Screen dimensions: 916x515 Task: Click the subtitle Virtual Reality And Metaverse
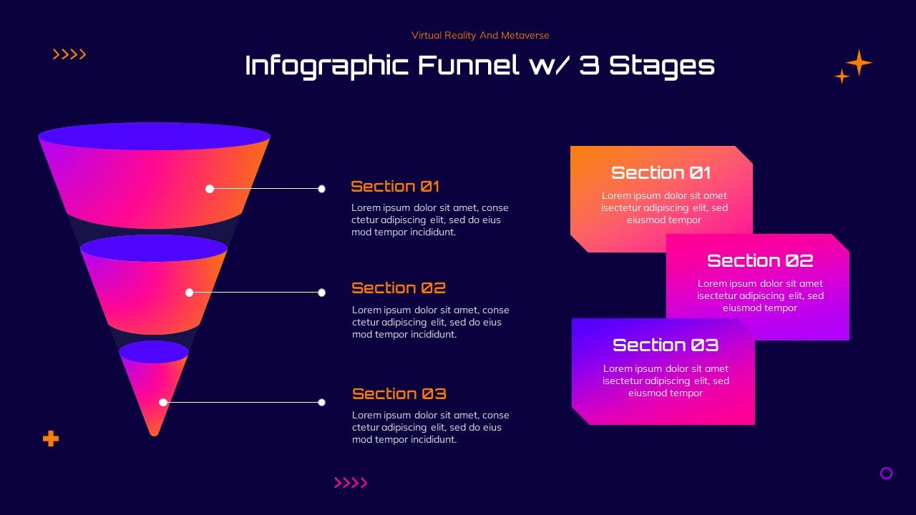(480, 36)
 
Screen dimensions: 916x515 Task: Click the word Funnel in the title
(468, 65)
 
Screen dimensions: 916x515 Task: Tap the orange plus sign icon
(51, 438)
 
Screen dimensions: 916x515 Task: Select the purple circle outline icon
(886, 474)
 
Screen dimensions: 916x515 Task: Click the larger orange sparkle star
(859, 62)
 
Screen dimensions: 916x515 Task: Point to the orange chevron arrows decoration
(69, 54)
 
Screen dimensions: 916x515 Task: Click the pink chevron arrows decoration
(351, 483)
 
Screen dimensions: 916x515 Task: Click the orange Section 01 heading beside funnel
(395, 187)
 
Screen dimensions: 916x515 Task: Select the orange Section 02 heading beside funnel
(399, 288)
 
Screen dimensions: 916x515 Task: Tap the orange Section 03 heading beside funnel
(399, 393)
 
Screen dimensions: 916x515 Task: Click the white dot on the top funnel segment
(210, 189)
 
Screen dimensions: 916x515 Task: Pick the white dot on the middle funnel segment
(190, 293)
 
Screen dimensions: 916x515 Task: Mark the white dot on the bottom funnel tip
(163, 402)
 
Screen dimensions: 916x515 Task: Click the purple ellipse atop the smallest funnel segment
(154, 352)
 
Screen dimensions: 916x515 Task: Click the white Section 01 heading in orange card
(661, 172)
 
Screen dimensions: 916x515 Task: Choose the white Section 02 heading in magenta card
(760, 261)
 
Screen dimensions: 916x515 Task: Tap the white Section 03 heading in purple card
(666, 345)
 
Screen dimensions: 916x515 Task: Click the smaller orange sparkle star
(842, 77)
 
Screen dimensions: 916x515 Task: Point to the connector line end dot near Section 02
(322, 293)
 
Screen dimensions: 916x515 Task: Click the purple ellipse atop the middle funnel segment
(154, 248)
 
